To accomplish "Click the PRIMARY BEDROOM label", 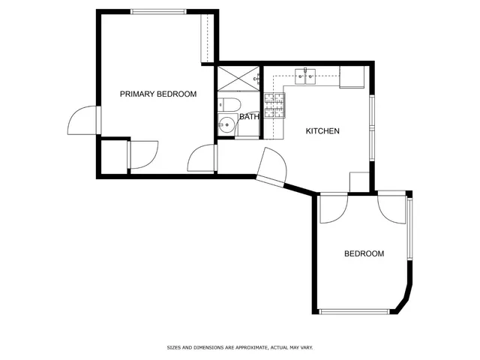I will point(158,94).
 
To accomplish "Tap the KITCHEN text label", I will point(322,131).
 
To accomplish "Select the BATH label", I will point(249,117).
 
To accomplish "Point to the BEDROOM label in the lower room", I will point(364,254).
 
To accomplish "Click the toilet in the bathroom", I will point(229,104).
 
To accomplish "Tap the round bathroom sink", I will point(226,126).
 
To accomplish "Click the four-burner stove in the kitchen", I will point(275,106).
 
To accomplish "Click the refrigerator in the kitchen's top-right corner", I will point(352,76).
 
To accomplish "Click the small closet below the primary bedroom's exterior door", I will point(113,157).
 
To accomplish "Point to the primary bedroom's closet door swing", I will point(143,154).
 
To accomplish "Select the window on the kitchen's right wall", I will point(372,127).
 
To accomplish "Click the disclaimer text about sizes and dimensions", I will point(239,348).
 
